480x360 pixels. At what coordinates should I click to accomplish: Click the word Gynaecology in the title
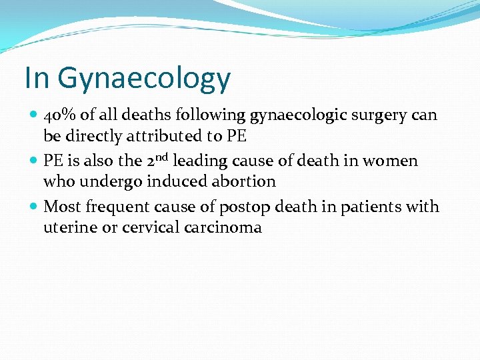click(x=144, y=79)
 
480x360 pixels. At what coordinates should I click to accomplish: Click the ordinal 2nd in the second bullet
click(x=159, y=160)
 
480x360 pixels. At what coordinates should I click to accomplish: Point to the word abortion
click(x=243, y=181)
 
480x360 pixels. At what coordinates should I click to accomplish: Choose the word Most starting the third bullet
click(x=61, y=207)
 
